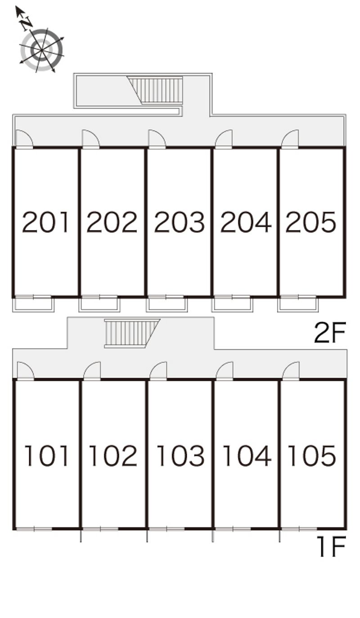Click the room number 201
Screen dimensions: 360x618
pos(45,222)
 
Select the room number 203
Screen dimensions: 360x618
pos(179,222)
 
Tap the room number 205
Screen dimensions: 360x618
pos(311,222)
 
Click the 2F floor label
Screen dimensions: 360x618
pos(330,333)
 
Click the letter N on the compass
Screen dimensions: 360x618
pos(27,23)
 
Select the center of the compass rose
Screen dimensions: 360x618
pos(42,50)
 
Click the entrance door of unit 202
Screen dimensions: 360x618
pos(91,140)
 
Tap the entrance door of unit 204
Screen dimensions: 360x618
pos(224,140)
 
